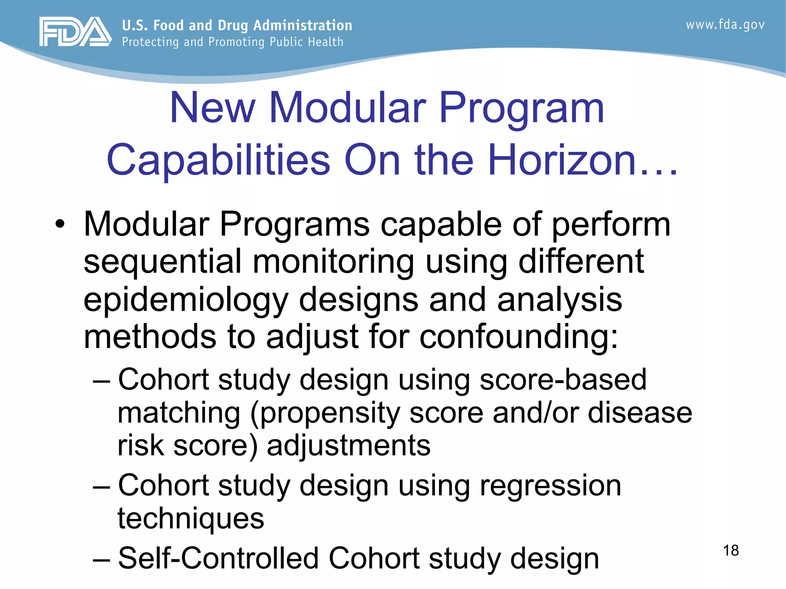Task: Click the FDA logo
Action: coord(75,32)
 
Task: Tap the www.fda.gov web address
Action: coord(725,25)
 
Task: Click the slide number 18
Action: coord(731,550)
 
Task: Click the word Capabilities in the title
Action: coord(218,160)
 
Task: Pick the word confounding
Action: coord(518,337)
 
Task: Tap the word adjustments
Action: coord(348,446)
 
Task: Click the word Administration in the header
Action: coord(303,25)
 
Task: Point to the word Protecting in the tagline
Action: coord(150,42)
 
